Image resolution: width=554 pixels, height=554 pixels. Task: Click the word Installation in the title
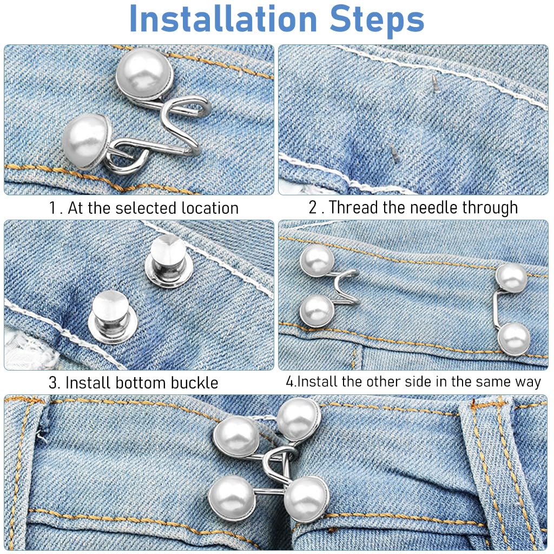pyautogui.click(x=222, y=19)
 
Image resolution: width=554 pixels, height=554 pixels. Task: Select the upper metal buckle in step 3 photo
pyautogui.click(x=168, y=261)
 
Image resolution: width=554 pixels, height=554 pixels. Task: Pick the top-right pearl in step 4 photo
pyautogui.click(x=511, y=278)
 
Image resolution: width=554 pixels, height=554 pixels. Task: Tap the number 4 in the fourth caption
pyautogui.click(x=289, y=381)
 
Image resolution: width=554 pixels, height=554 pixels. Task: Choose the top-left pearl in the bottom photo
pyautogui.click(x=236, y=436)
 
